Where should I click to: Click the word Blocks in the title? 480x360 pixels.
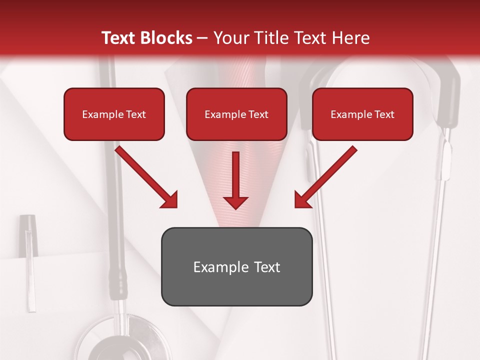tap(167, 38)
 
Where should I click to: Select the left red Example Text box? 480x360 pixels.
tap(114, 114)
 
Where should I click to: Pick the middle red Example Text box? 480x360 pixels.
tap(236, 114)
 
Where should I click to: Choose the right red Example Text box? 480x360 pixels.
tap(362, 114)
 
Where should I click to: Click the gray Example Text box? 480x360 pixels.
tap(236, 266)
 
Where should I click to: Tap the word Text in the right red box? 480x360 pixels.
tap(384, 114)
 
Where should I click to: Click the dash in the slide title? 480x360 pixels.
tap(202, 38)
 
